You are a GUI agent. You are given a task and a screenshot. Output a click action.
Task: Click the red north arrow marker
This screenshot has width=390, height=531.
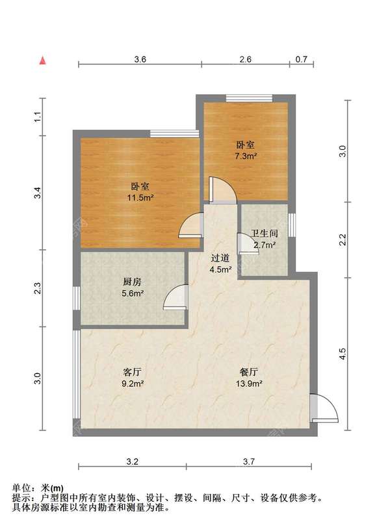[x=43, y=61]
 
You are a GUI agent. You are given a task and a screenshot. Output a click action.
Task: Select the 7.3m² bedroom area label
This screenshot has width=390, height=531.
[x=246, y=156]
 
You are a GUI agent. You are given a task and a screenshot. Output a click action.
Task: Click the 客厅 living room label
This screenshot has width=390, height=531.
[x=133, y=373]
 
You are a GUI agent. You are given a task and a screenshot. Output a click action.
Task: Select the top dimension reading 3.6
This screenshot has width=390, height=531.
[x=140, y=59]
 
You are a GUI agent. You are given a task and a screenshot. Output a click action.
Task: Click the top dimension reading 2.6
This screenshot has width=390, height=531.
[x=245, y=59]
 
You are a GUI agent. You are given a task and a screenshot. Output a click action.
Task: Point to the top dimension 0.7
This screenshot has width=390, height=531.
[x=301, y=59]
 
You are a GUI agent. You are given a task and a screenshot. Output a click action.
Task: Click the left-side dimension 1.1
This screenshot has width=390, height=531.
[x=38, y=117]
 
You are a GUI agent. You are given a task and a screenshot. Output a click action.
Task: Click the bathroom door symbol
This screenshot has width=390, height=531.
[x=248, y=243]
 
